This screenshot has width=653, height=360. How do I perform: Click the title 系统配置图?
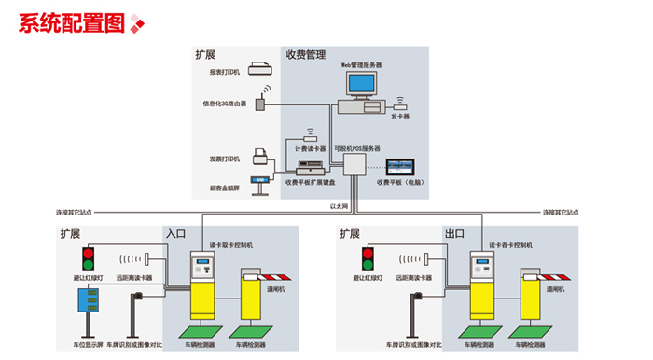click(x=71, y=23)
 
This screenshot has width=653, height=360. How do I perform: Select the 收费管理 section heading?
click(x=305, y=55)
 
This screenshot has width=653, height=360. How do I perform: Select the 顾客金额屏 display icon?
click(x=259, y=179)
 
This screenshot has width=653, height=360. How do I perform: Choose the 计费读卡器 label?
click(x=310, y=147)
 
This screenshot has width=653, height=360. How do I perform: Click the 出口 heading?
click(x=454, y=233)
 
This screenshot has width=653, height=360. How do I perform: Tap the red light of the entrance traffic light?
click(x=90, y=252)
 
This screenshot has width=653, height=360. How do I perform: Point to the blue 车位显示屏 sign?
click(x=90, y=301)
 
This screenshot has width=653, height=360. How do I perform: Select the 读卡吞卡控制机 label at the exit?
click(x=510, y=244)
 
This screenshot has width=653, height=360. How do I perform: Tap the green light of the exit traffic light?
click(x=369, y=264)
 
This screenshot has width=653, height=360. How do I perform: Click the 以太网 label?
click(x=339, y=205)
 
